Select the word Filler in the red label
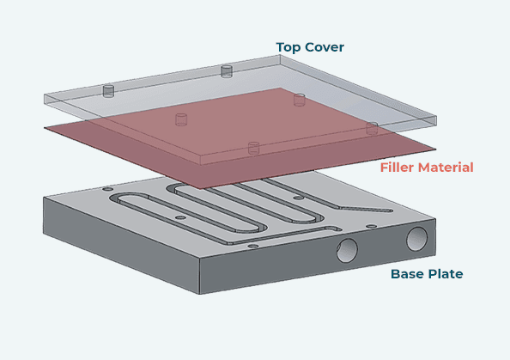[400, 167]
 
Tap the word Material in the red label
[447, 167]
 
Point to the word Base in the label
[408, 274]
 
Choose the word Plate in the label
[446, 274]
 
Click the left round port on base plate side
[348, 250]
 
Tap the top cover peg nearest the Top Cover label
[228, 71]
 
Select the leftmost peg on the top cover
[109, 91]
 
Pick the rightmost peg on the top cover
[372, 129]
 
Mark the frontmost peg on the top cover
[253, 149]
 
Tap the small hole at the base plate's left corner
[107, 189]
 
